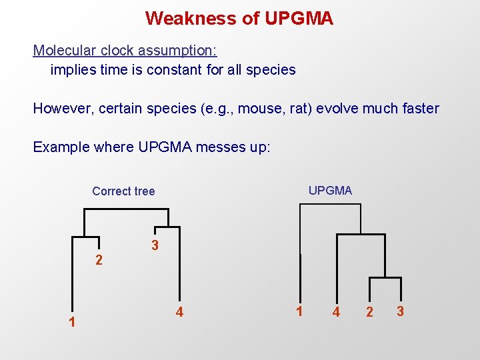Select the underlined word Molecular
pos(63,51)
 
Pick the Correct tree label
pos(123,191)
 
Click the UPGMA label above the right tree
pos(330,191)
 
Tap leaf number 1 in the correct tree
pos(72,323)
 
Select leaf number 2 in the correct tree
pos(99,260)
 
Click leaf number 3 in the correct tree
pos(155,246)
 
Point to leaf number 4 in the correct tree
pos(179,311)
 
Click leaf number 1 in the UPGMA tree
pos(300,311)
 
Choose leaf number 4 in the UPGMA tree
pos(337,312)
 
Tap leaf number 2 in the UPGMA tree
pos(370,312)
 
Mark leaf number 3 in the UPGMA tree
pos(400,311)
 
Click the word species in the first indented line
pos(271,69)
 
